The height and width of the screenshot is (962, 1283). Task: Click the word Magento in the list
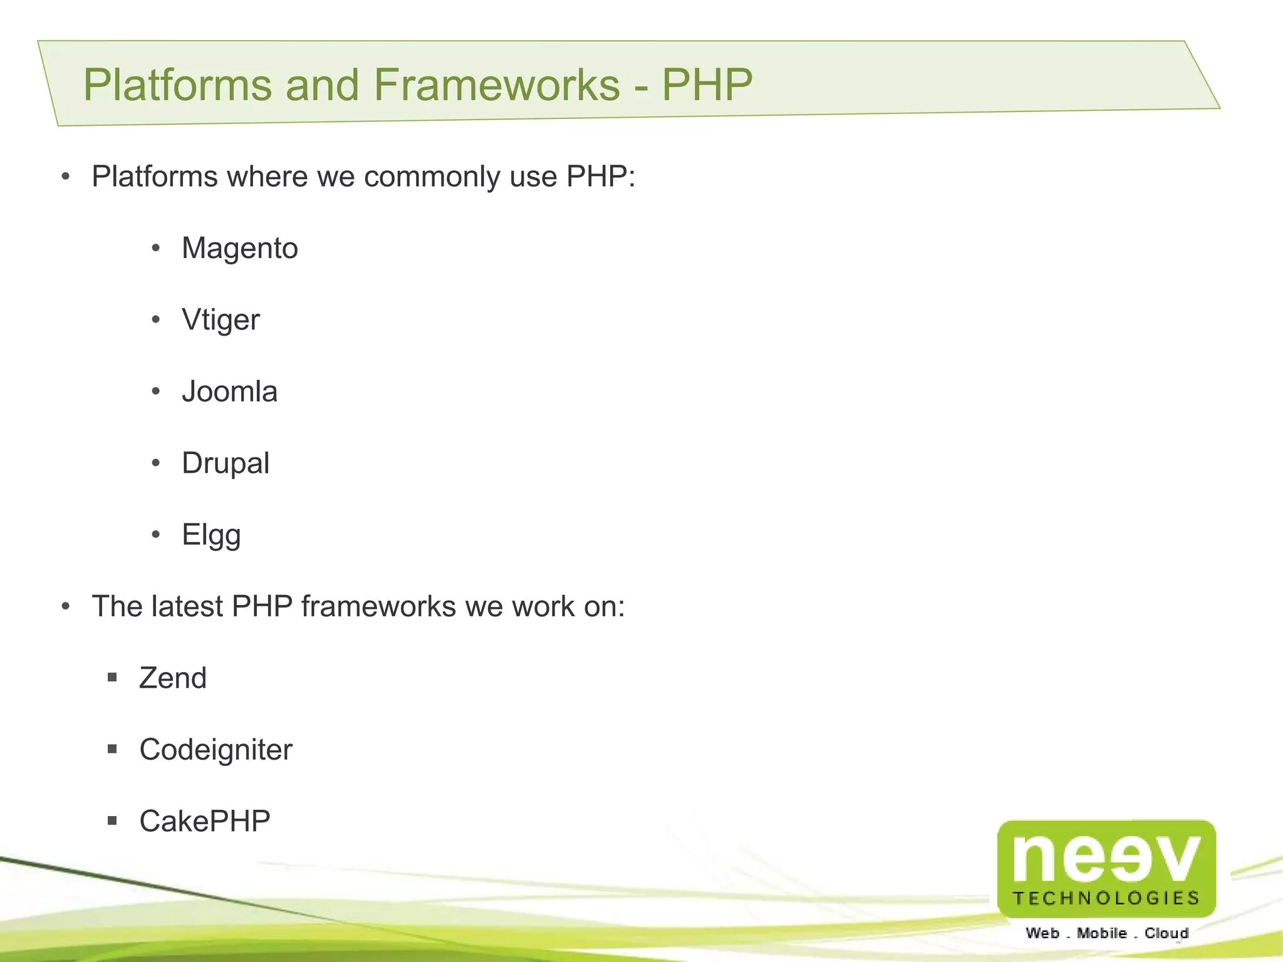click(239, 249)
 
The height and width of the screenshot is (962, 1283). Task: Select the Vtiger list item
click(221, 320)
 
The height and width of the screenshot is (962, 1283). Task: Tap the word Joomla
click(229, 392)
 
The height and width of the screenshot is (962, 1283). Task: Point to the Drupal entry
click(226, 463)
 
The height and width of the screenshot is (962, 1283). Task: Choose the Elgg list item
click(211, 535)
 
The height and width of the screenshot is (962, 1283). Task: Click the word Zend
click(173, 678)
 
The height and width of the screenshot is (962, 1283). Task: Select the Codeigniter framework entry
click(216, 750)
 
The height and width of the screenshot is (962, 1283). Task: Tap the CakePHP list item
click(205, 821)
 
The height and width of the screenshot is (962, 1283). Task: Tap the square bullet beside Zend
click(112, 677)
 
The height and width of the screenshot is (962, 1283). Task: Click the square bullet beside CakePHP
click(112, 820)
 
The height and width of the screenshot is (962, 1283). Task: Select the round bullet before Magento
click(156, 249)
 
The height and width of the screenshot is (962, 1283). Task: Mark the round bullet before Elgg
click(156, 535)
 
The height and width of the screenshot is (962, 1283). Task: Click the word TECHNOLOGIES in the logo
click(1106, 898)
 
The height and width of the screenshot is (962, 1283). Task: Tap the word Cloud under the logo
click(1166, 933)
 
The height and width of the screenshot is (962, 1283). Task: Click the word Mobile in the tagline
click(1101, 933)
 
